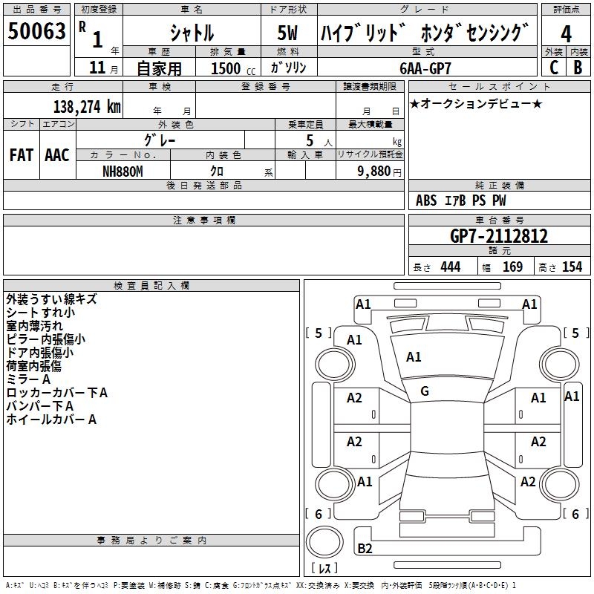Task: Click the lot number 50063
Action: point(36,33)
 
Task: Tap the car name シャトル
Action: point(192,33)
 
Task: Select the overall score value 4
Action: point(566,33)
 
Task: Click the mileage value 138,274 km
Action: point(86,106)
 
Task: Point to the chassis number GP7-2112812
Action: point(499,236)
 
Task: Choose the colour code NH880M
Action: point(123,171)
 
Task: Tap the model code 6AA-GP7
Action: point(426,68)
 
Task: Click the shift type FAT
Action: point(21,155)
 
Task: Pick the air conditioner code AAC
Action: point(56,155)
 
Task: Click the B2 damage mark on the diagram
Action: point(365,549)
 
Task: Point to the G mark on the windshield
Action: point(425,391)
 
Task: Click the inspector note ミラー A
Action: point(28,379)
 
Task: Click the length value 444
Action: point(450,267)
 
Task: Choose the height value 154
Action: point(572,267)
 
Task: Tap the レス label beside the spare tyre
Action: point(324,569)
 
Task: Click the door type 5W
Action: point(288,33)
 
